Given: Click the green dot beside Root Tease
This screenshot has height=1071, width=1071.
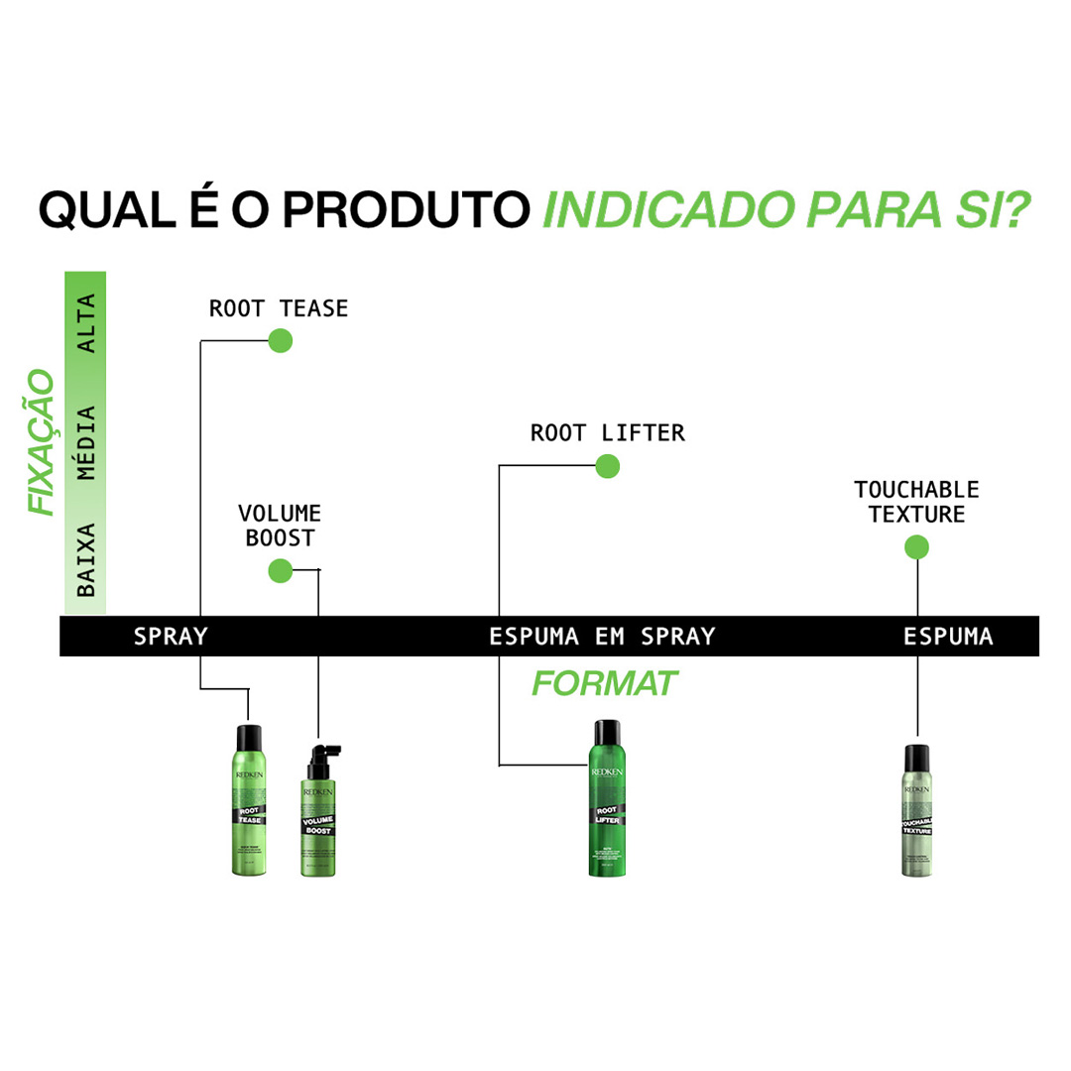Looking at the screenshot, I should point(281,341).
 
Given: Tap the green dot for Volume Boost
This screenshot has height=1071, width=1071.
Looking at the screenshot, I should point(281,570).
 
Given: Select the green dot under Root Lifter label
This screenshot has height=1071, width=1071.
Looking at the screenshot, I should point(607,465).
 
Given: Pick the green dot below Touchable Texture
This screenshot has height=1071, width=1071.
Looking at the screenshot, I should point(916,547).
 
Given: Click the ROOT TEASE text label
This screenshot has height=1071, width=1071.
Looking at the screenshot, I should point(279,308).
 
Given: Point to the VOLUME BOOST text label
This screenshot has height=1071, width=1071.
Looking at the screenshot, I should point(279,526).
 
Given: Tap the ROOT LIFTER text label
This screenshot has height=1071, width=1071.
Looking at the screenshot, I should point(607,433).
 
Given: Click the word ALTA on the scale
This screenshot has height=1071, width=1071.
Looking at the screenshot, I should point(87,324).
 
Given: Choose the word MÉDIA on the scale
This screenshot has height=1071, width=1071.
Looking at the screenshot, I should point(87,442).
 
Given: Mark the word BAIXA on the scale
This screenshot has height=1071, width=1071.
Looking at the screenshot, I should point(87,559).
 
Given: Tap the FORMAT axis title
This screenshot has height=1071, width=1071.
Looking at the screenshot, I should point(605,683).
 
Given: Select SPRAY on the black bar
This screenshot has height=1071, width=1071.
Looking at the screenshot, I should point(171,637).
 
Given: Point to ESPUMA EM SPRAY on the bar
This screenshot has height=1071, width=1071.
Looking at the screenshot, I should point(602,637).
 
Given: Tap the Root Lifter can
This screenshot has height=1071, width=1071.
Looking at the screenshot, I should point(607,797).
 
